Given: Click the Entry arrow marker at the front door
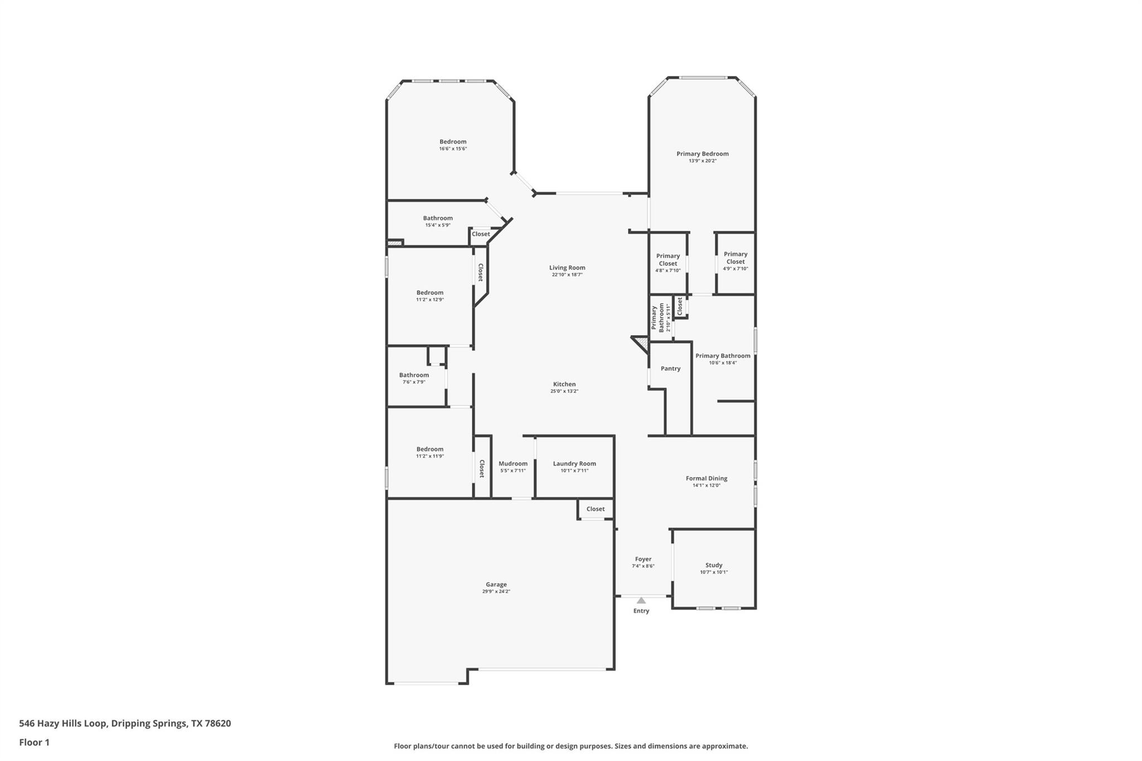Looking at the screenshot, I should (641, 600).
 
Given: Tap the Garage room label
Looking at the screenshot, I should (496, 584).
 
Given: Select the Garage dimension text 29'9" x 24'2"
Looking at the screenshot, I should (496, 592).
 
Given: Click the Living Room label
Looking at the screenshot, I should (567, 268).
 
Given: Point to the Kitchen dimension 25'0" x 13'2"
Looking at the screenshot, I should (564, 391).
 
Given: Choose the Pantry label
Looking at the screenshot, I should (670, 369).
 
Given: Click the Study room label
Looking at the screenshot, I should (714, 565).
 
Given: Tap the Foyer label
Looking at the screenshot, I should (643, 559).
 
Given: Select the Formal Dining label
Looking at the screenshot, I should (707, 478).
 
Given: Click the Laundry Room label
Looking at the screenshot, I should (574, 463).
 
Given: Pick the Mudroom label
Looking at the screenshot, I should (512, 463).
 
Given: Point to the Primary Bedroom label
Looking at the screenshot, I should (702, 154).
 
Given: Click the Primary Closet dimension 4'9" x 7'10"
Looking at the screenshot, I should (735, 269).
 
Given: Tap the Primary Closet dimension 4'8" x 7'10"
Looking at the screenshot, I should (667, 270).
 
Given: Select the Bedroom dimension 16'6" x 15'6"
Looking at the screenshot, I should (453, 149).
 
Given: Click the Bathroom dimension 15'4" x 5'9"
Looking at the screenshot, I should (438, 225).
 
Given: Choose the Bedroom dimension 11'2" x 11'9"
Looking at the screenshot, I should (430, 456).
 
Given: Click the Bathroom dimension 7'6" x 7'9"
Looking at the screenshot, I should (414, 382).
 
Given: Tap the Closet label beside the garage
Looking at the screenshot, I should (595, 509).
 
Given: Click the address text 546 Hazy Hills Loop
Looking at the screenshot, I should (62, 724).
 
